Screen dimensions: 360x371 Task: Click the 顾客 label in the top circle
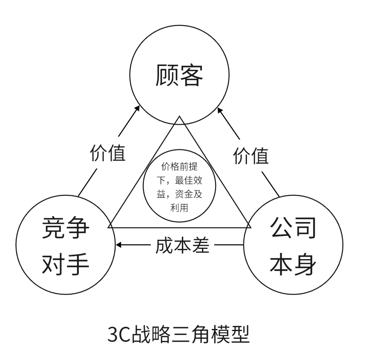point(178,75)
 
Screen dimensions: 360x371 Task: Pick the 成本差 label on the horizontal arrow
point(182,246)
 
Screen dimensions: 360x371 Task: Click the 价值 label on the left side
point(108,153)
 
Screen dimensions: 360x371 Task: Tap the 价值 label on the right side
point(251,156)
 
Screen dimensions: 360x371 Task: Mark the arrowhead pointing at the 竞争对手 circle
point(120,245)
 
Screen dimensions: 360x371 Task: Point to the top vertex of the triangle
point(180,116)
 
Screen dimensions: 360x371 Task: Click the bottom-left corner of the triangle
point(109,227)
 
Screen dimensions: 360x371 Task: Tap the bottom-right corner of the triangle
point(250,227)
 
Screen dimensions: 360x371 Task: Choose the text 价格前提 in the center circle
point(179,166)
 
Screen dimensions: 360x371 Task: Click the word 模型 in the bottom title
point(234,336)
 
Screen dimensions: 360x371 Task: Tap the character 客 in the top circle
point(190,75)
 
